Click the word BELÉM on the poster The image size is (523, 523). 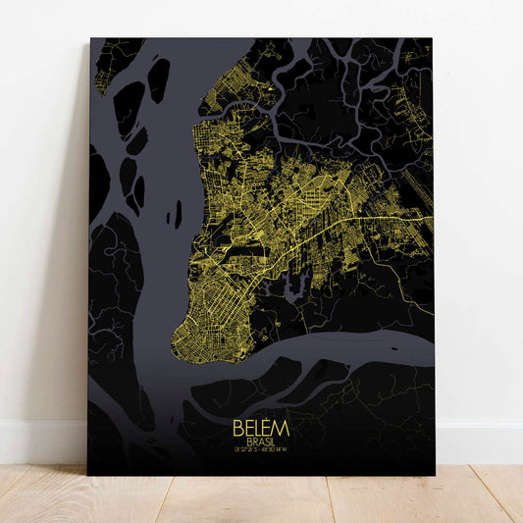point(261,429)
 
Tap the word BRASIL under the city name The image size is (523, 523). point(261,443)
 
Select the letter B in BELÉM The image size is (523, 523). point(238,430)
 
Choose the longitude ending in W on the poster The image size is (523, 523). point(277,452)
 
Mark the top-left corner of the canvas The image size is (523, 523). point(90,39)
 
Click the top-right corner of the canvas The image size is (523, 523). point(432,39)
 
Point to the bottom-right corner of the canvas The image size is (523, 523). point(435,475)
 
